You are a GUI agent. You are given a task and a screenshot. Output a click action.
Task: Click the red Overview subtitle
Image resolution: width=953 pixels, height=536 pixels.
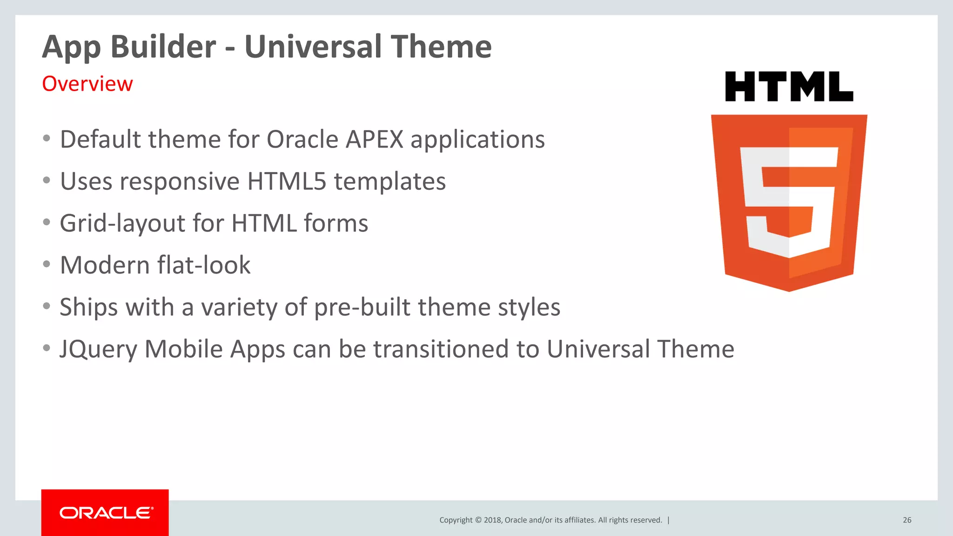click(87, 84)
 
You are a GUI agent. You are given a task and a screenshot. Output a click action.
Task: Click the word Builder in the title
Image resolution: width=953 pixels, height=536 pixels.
click(163, 47)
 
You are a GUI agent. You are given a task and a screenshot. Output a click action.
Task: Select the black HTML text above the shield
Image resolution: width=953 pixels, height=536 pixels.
click(789, 87)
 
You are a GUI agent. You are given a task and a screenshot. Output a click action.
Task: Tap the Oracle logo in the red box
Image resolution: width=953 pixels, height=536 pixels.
click(106, 513)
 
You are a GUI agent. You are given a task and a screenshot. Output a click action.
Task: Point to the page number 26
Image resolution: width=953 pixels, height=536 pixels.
click(907, 520)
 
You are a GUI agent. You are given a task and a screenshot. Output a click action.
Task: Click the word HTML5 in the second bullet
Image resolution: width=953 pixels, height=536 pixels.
click(287, 181)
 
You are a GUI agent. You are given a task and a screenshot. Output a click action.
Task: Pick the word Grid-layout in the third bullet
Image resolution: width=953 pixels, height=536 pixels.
click(122, 224)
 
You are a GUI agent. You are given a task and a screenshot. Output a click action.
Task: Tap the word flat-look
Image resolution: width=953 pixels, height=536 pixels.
click(204, 265)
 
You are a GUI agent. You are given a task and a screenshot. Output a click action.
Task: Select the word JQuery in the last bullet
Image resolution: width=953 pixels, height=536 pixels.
click(98, 350)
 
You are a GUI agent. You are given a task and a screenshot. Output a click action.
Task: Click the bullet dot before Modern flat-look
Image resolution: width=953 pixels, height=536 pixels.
click(47, 264)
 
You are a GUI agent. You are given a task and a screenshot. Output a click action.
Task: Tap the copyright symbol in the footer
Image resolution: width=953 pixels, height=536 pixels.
click(478, 520)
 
